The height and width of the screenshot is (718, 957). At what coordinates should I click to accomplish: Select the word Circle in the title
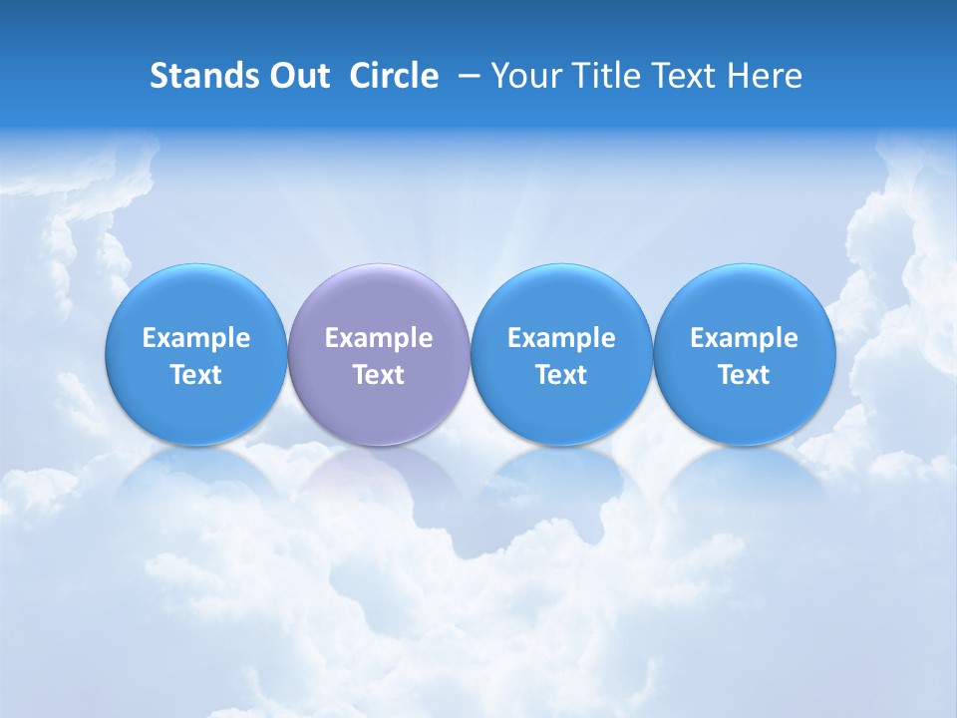click(394, 76)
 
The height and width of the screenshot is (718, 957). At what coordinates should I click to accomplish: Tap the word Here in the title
click(766, 76)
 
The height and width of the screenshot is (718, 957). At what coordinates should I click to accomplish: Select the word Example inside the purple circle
click(379, 338)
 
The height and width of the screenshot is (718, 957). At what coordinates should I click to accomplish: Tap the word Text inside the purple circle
click(379, 375)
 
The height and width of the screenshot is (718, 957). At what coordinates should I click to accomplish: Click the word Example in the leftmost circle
click(196, 338)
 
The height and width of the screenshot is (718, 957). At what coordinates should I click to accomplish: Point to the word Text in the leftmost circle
click(196, 375)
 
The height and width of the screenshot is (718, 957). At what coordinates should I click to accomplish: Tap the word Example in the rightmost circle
click(745, 338)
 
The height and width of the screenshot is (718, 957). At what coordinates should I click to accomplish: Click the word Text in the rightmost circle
click(745, 375)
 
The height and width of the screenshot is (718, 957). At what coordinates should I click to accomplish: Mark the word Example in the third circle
click(562, 338)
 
